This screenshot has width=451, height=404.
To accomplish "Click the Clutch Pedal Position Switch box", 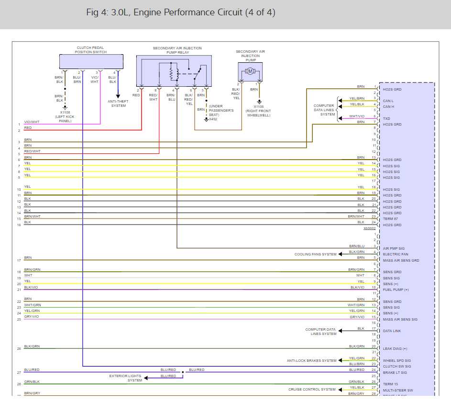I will coord(91,61).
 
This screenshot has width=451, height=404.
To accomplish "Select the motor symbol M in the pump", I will coord(250,71).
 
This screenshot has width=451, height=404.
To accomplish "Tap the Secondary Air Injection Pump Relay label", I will coord(177,50).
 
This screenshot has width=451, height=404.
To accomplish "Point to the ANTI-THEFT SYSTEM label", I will coord(118,104).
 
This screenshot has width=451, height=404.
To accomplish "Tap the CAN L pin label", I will coord(388,101).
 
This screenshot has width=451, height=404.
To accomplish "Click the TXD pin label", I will coord(386,118).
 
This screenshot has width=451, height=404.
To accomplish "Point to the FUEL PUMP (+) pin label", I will coord(396,290).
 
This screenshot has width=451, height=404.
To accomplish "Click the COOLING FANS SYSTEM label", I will coord(315,254).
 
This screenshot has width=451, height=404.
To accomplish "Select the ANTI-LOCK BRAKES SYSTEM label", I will coord(311,361).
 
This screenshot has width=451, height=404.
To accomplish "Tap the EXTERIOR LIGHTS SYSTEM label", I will coord(126,378).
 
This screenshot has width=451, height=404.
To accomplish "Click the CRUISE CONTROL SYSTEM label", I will coord(312,390).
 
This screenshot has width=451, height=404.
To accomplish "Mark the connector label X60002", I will coord(369,228).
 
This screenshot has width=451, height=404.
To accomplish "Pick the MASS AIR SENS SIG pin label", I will coord(400,320).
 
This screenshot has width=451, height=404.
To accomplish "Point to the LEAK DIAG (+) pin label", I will coord(395,349).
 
